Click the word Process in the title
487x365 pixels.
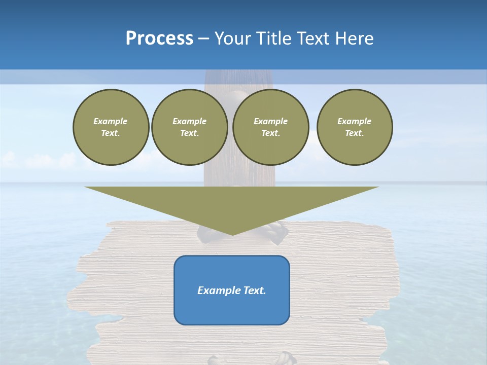[x=159, y=39]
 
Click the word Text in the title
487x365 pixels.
[x=314, y=39]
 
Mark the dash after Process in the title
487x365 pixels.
[x=203, y=39]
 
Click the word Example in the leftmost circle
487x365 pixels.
[x=111, y=121]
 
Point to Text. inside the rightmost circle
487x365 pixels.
[x=355, y=133]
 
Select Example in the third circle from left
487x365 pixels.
[x=270, y=121]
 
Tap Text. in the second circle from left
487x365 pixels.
[x=189, y=133]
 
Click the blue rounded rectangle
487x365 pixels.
[x=232, y=309]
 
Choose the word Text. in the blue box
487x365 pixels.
[x=255, y=290]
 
